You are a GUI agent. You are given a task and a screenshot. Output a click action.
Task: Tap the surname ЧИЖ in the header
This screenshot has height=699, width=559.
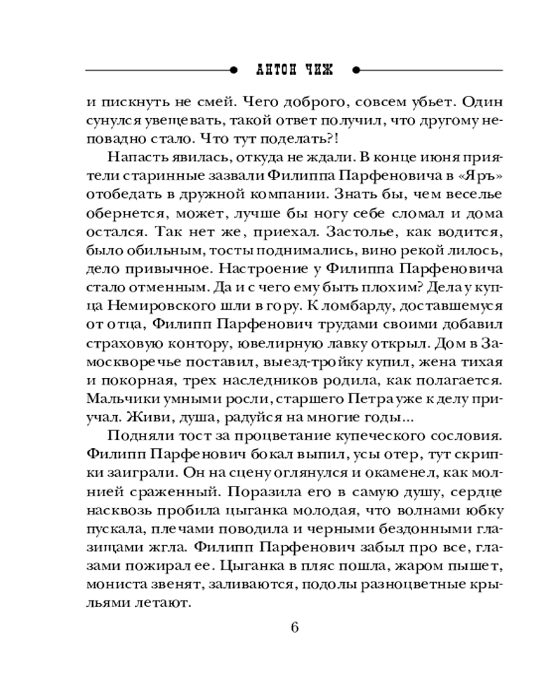coord(319,70)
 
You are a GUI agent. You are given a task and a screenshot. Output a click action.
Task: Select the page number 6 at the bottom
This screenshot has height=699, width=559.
coord(294,626)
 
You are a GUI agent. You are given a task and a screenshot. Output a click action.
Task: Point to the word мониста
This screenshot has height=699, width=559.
coord(112,582)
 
